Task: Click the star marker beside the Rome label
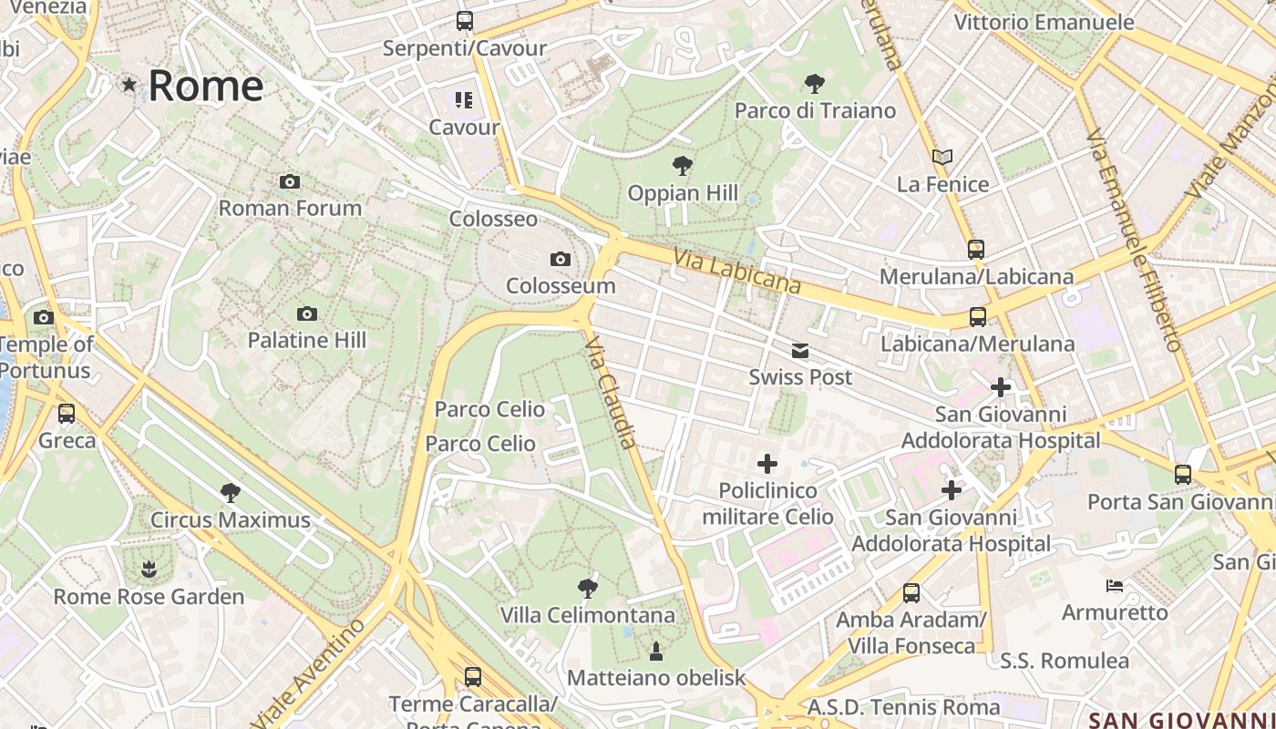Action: tap(129, 85)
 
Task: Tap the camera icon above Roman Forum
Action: tap(290, 181)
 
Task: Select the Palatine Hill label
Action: tap(307, 340)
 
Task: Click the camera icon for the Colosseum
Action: tap(561, 259)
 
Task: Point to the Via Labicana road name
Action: tap(737, 271)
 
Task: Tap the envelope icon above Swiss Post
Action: tap(799, 351)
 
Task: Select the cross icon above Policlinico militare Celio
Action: tap(767, 464)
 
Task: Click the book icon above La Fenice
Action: tap(942, 158)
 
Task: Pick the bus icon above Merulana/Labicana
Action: tap(976, 249)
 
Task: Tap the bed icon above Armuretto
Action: tap(1114, 585)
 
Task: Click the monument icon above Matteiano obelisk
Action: tap(655, 651)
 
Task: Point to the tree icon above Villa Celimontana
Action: tap(588, 588)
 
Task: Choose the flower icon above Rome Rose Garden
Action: tap(149, 570)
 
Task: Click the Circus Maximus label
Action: tap(231, 520)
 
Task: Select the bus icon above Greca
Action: tap(67, 414)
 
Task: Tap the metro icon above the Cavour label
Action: tap(464, 99)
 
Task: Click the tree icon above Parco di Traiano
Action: tap(815, 84)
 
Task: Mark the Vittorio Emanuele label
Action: tap(1044, 22)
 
